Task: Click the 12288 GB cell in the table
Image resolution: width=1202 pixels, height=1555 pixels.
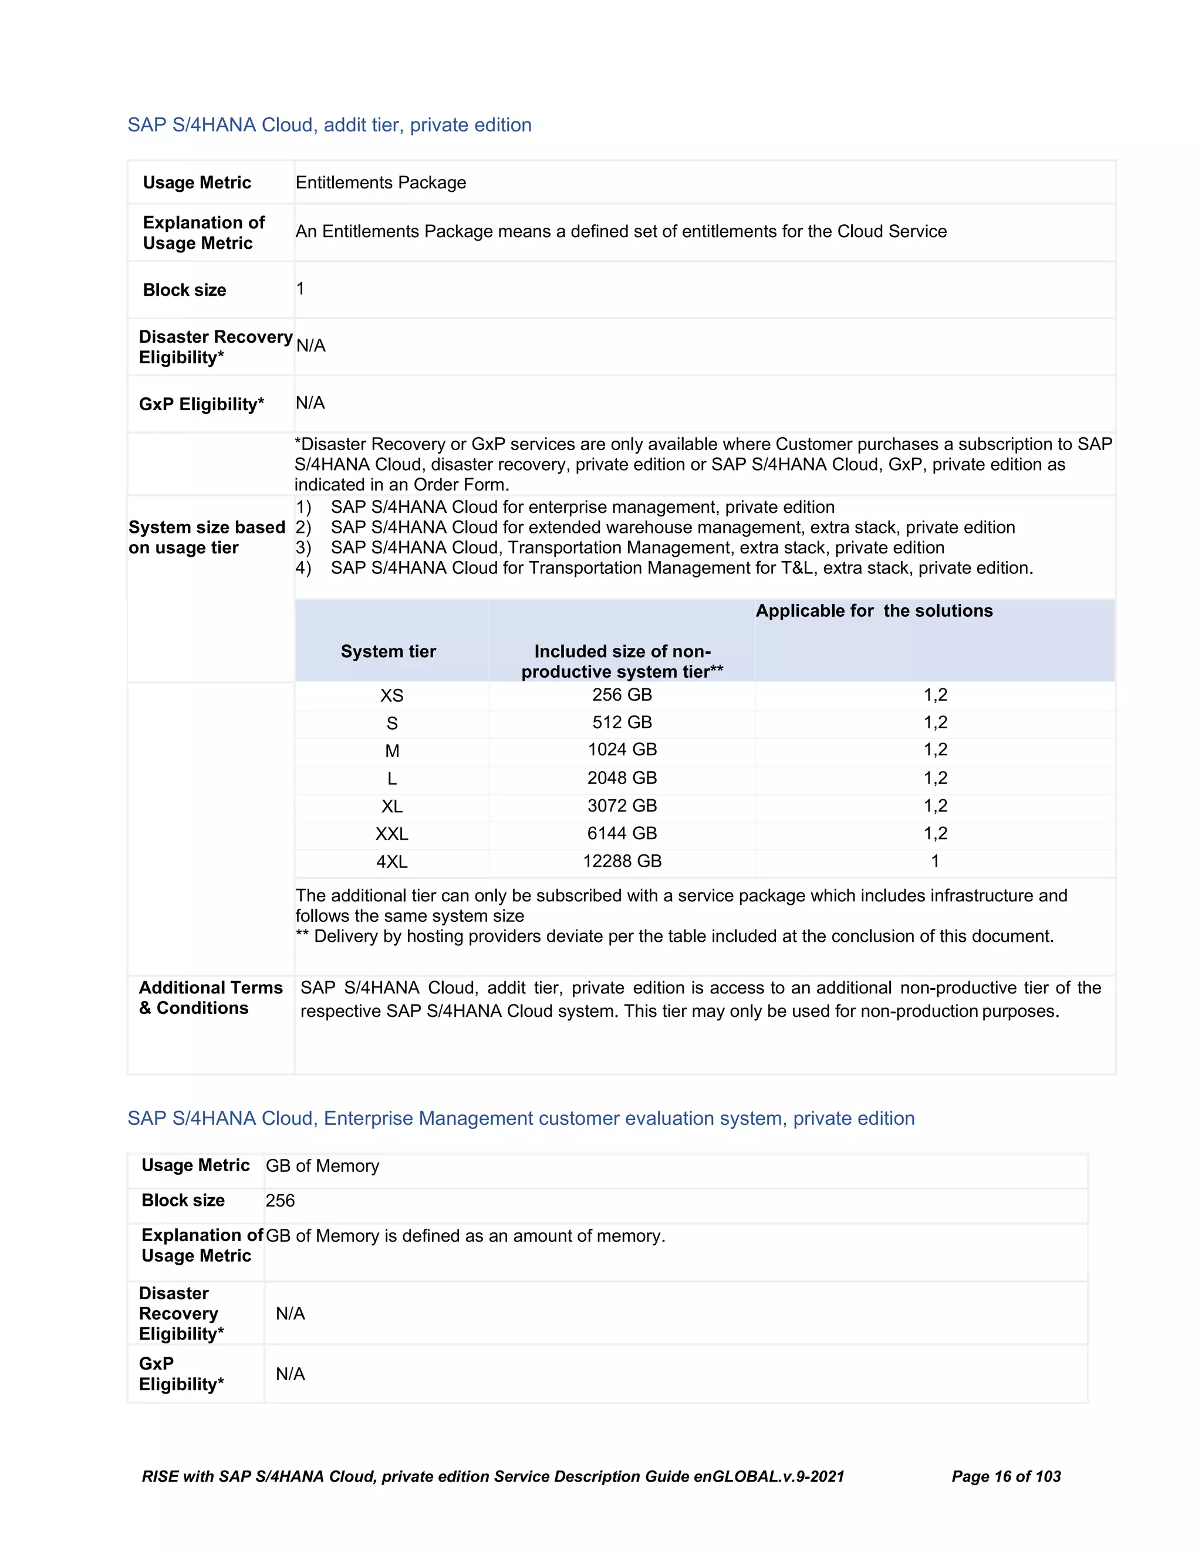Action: [x=622, y=861]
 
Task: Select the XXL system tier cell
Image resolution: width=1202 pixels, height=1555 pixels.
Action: [x=391, y=834]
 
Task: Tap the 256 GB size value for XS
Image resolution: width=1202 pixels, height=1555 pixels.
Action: [x=622, y=695]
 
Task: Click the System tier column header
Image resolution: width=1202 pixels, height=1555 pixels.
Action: [x=388, y=651]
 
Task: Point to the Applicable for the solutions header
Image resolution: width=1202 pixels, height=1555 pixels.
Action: [x=874, y=611]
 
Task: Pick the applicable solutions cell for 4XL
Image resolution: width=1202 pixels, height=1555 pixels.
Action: [x=935, y=861]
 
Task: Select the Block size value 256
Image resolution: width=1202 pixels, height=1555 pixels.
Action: [x=280, y=1201]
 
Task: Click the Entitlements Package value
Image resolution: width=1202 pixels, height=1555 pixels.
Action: [x=380, y=182]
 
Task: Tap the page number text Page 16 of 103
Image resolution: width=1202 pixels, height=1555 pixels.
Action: [x=1005, y=1476]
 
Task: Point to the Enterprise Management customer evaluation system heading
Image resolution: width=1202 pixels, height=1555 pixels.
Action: [x=521, y=1118]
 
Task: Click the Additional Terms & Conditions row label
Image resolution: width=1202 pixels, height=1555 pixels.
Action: [x=210, y=998]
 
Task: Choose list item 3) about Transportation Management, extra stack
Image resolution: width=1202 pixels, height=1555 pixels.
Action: [x=637, y=547]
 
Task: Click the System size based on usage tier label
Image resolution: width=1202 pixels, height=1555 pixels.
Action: [x=207, y=538]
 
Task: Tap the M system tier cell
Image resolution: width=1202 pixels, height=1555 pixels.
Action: [x=391, y=751]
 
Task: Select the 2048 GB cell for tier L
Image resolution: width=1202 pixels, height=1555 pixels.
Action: [x=622, y=777]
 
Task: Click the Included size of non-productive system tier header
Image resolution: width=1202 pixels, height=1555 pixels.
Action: [x=622, y=661]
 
